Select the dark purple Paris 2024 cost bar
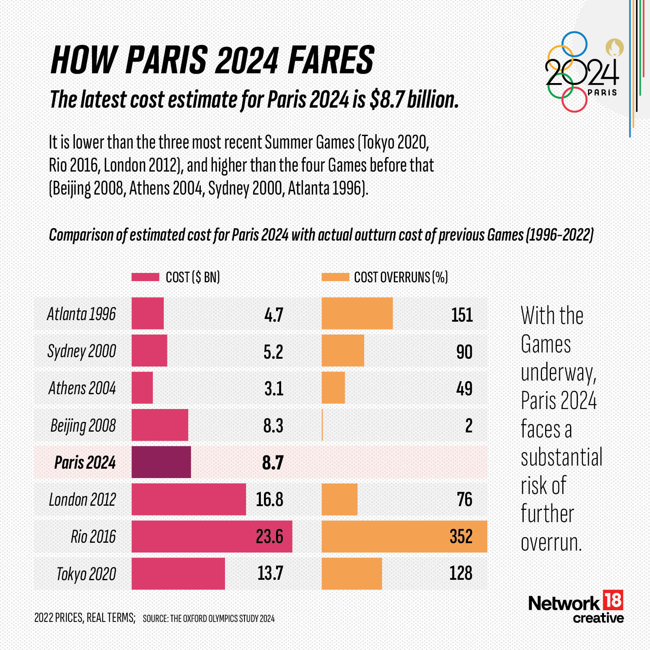point(161,462)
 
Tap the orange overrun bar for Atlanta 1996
point(357,313)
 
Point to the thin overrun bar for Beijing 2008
point(322,425)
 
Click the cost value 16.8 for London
point(269,499)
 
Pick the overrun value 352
point(461,536)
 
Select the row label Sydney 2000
point(81,351)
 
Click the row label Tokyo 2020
point(86,574)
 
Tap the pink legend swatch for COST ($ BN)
point(145,277)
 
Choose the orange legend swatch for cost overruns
point(335,277)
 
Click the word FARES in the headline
point(331,60)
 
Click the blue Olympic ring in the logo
point(574,44)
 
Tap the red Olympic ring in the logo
point(574,100)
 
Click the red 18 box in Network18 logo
point(613,600)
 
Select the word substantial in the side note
point(561,457)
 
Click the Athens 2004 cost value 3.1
point(273,388)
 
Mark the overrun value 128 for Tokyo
point(460,573)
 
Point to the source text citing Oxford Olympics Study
point(209,618)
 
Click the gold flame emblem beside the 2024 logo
point(614,48)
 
